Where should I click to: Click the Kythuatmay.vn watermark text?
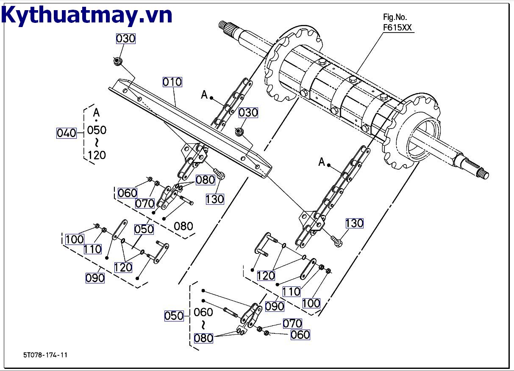[87, 15]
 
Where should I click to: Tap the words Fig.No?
[395, 17]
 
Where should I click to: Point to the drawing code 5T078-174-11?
[45, 355]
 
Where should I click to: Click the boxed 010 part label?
[172, 82]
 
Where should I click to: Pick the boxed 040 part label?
[66, 133]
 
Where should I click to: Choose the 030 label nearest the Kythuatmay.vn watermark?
[125, 38]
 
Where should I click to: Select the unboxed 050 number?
[97, 130]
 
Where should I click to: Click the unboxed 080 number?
[183, 226]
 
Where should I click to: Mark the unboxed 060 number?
[203, 312]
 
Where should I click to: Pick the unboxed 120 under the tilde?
[97, 155]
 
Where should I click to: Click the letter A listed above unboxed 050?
[97, 113]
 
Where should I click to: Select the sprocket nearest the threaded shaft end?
[411, 131]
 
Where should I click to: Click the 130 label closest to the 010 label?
[214, 199]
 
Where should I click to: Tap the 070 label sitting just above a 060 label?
[292, 324]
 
